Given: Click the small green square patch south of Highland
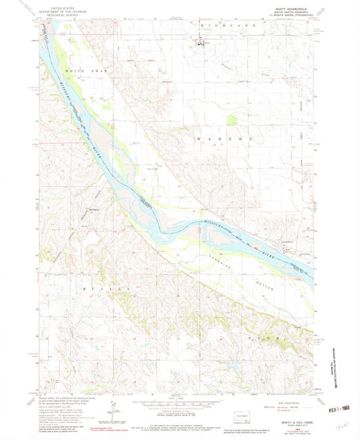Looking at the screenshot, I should (232, 119).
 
